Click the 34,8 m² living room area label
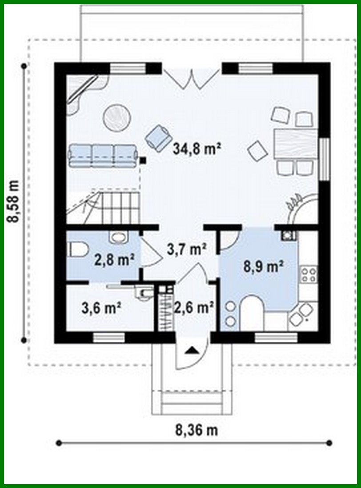(x=197, y=149)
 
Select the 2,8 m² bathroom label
(x=114, y=260)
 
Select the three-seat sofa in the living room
(x=102, y=156)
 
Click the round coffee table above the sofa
(x=117, y=117)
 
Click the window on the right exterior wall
(x=324, y=159)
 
